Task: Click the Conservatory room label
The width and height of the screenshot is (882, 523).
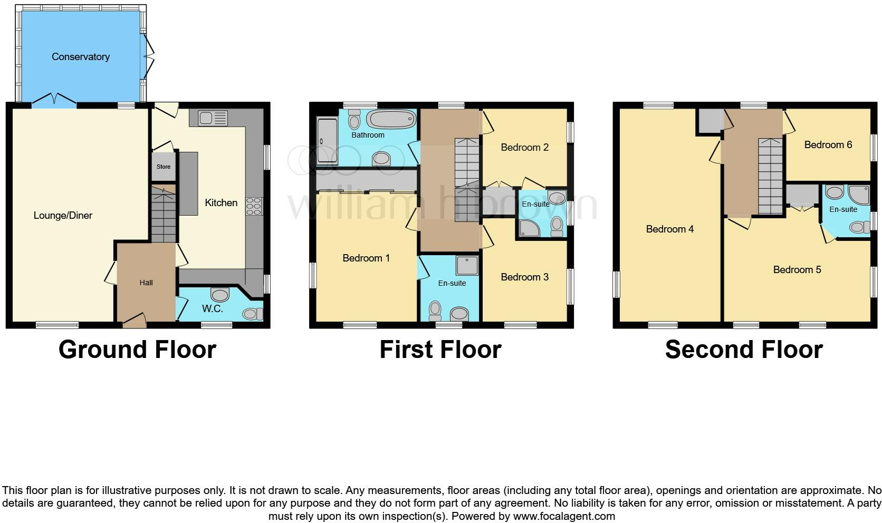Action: [x=80, y=57]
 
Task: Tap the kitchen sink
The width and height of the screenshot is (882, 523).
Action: [x=213, y=118]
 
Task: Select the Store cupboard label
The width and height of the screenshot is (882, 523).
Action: [x=163, y=167]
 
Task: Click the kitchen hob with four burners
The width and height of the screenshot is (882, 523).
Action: [x=254, y=206]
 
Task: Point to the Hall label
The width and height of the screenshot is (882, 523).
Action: [x=146, y=283]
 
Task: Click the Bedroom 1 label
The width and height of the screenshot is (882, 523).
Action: [x=366, y=258]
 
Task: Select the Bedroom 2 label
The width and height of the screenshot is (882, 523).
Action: [x=524, y=147]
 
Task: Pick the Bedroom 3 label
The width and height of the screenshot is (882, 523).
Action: [x=524, y=277]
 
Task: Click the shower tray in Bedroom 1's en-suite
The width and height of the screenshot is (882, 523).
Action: [x=467, y=266]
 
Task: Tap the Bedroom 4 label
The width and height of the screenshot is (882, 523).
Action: [x=669, y=229]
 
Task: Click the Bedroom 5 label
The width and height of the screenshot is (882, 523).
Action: [x=797, y=269]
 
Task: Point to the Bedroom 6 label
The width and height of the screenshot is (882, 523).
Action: [x=828, y=144]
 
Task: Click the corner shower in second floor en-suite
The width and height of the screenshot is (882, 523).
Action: [x=858, y=195]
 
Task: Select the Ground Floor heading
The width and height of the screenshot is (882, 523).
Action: [x=137, y=350]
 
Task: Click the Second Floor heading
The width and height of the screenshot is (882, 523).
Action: [x=743, y=350]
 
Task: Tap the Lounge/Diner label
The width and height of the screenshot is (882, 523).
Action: [x=63, y=215]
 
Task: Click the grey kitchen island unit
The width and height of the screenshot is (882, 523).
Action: [x=188, y=183]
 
